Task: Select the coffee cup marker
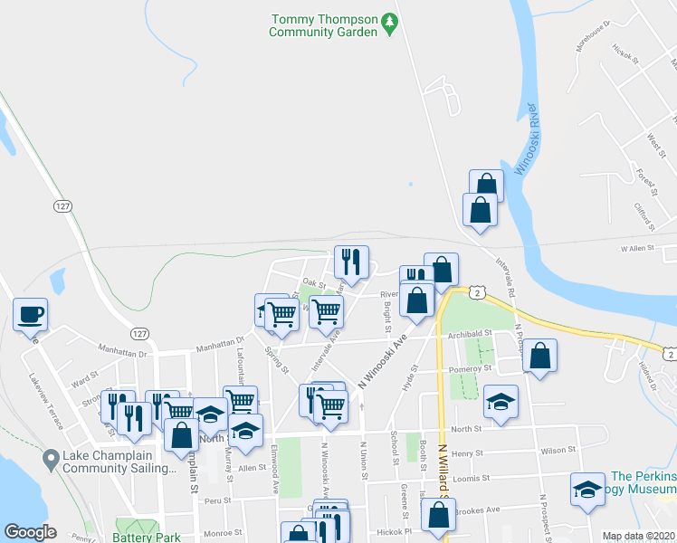point(30,314)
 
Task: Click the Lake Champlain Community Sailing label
point(120,462)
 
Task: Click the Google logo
point(30,532)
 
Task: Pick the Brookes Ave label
point(479,510)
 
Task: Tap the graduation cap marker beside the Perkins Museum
point(587,490)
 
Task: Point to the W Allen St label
point(636,248)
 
